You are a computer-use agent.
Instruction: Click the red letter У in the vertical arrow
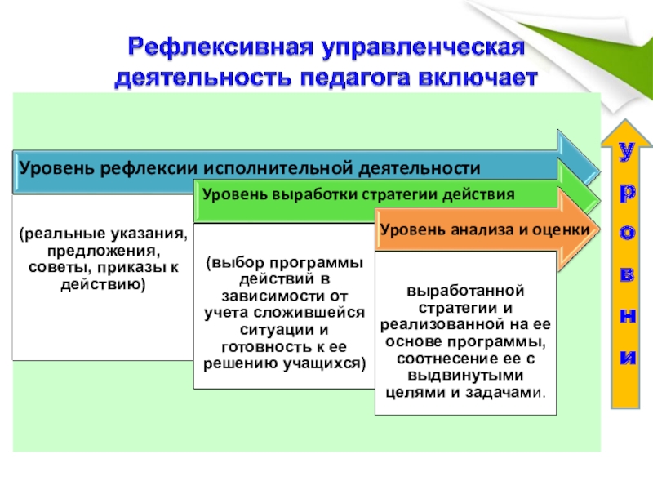point(625,153)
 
